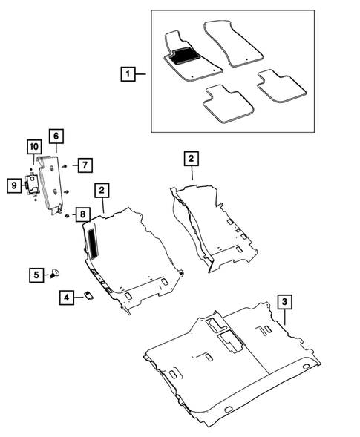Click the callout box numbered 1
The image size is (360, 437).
pos(128,74)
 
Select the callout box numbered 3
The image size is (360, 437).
pos(284,301)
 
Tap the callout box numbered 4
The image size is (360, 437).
pos(67,298)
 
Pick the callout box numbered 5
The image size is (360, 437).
pos(36,275)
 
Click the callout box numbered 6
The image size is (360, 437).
pos(56,137)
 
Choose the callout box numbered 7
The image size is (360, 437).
pos(85,165)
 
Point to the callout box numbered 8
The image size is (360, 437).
pos(83,214)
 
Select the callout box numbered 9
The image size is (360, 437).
pos(14,185)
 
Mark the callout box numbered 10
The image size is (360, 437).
pos(34,147)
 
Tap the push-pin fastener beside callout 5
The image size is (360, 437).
pos(55,273)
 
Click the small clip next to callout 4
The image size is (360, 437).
pos(89,296)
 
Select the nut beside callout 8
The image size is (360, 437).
pos(68,215)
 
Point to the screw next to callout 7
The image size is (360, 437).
pos(65,166)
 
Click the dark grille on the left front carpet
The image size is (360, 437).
pos(93,242)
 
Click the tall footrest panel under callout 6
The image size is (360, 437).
pos(50,185)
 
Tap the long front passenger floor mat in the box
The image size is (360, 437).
pos(234,43)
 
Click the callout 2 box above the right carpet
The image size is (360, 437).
pos(192,159)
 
